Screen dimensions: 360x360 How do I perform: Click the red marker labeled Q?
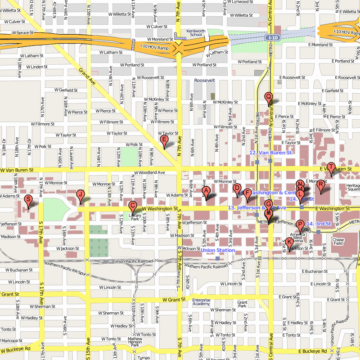coord(269,96)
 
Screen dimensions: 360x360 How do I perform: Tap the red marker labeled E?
coord(164,140)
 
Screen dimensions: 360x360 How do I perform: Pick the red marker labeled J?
coord(81,194)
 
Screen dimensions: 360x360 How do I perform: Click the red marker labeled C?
coord(132,206)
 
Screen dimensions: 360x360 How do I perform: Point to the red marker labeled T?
coord(331,167)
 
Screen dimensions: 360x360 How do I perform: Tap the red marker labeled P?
coord(300,225)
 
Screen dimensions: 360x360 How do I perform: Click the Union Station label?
coord(218,250)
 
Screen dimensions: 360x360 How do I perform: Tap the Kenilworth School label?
coord(196,32)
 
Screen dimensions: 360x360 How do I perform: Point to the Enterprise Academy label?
coord(201,302)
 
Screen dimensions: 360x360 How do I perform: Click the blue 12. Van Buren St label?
coord(271,153)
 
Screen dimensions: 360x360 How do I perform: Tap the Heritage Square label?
coord(353,188)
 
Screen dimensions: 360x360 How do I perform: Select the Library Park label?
coord(135,217)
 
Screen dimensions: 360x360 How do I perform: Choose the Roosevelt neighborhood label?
coord(205,81)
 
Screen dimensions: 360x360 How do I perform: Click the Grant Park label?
coord(243,304)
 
